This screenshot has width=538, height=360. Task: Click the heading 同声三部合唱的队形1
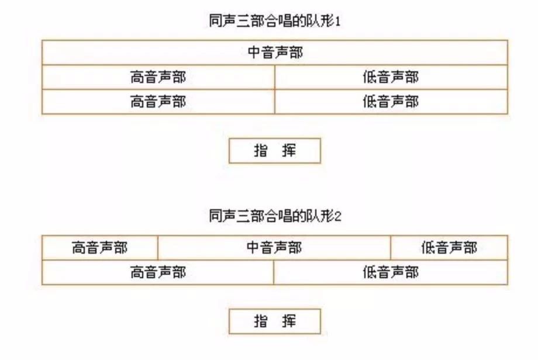275,21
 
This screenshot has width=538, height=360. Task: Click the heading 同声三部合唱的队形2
275,216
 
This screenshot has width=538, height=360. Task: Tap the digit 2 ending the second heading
338,217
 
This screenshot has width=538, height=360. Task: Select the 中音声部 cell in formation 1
275,53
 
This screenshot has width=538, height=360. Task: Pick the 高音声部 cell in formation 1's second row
158,77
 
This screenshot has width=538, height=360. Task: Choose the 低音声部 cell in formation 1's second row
391,77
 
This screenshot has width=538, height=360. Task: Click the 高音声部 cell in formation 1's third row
158,102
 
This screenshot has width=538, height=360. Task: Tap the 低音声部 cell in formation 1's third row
391,102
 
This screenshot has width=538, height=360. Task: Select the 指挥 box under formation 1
275,151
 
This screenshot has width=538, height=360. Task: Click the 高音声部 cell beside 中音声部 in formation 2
100,248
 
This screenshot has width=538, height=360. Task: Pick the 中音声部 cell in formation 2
274,248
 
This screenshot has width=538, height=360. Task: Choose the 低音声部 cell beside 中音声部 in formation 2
449,248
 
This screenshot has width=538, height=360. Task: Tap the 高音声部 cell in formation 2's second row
158,272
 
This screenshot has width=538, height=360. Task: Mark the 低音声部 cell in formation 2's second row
391,272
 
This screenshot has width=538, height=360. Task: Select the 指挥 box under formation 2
275,321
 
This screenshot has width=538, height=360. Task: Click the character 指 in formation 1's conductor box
261,151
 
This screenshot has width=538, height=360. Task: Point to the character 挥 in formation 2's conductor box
289,321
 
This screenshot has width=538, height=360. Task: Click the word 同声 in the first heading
223,21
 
